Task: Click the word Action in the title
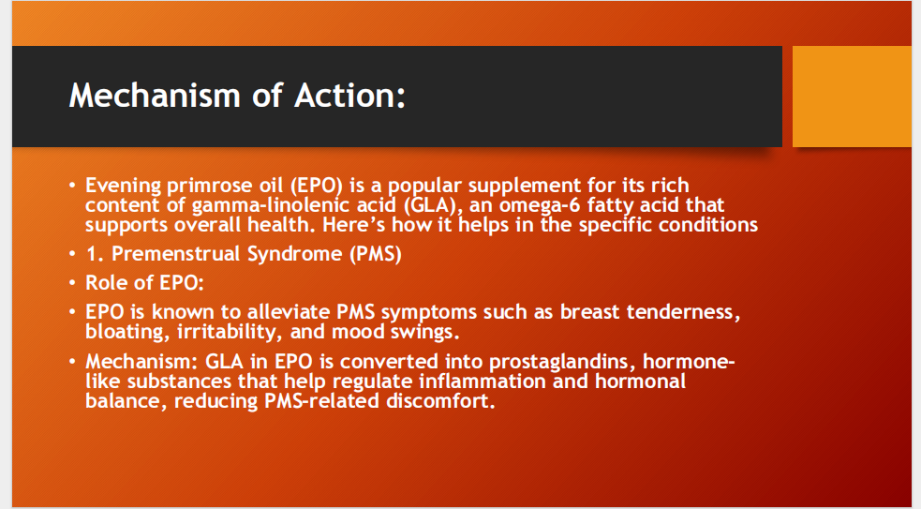pos(343,95)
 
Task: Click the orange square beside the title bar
pos(852,97)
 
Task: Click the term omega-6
pos(556,204)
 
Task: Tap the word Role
pos(105,283)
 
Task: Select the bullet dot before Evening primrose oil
pos(72,186)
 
